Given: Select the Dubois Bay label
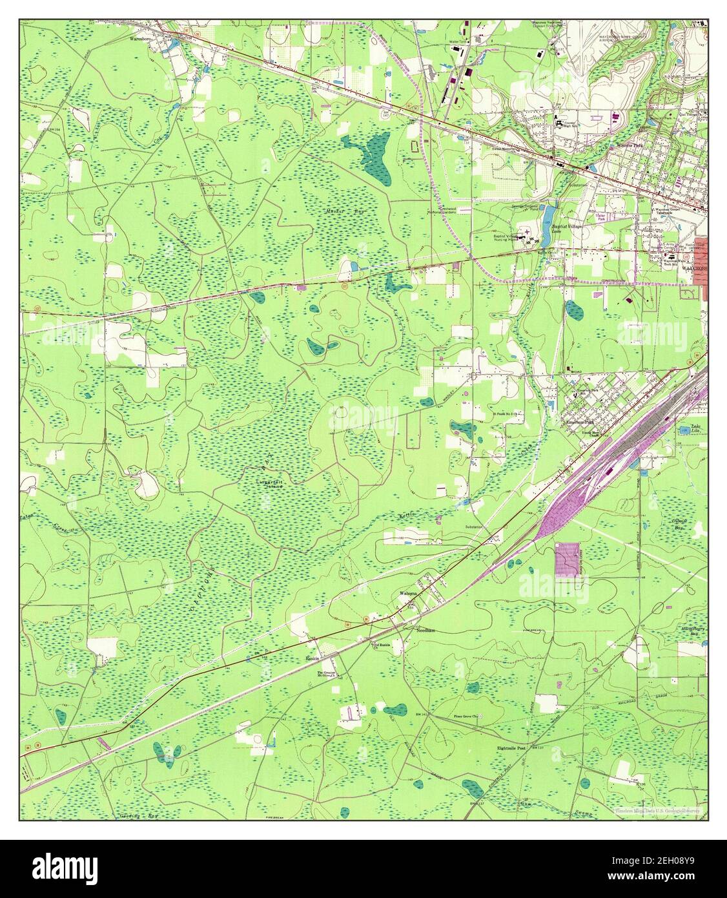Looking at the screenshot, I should click(695, 524).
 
